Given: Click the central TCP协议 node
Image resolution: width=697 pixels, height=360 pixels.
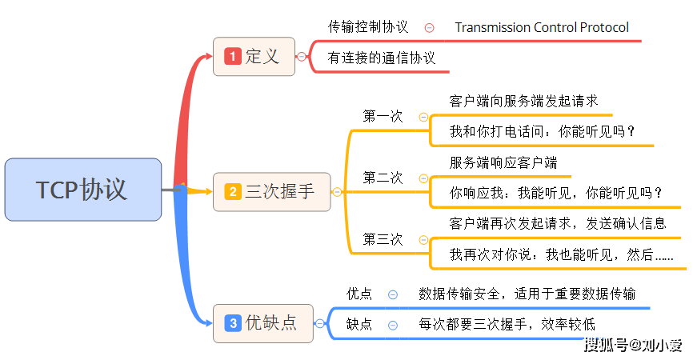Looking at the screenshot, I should [82, 190].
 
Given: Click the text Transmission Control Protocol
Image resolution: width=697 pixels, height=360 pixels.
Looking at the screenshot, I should [542, 27].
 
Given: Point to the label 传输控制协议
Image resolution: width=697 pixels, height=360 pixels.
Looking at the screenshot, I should [368, 27].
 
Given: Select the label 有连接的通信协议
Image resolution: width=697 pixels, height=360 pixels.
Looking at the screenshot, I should [382, 58].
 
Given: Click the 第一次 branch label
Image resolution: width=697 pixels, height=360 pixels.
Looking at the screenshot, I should [383, 117].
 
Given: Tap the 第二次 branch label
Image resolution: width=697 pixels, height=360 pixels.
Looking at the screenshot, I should [383, 178].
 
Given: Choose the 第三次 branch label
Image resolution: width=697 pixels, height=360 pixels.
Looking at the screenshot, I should [383, 239].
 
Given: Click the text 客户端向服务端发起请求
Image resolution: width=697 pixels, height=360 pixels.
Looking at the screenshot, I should [523, 102].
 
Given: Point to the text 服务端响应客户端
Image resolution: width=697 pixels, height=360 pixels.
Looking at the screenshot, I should [503, 162].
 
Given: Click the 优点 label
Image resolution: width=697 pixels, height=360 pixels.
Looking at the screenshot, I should [359, 294].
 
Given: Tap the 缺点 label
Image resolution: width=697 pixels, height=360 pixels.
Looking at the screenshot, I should [359, 324].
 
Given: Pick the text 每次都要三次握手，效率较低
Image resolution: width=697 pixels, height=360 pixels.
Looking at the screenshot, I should [507, 324].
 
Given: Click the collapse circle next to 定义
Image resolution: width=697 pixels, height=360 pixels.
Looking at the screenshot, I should [302, 57].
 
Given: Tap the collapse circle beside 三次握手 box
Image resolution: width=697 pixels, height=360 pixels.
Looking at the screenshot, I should [337, 192].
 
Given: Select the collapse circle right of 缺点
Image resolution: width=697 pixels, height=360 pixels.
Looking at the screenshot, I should [393, 325].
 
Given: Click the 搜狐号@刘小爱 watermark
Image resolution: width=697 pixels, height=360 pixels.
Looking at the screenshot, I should [632, 345].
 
